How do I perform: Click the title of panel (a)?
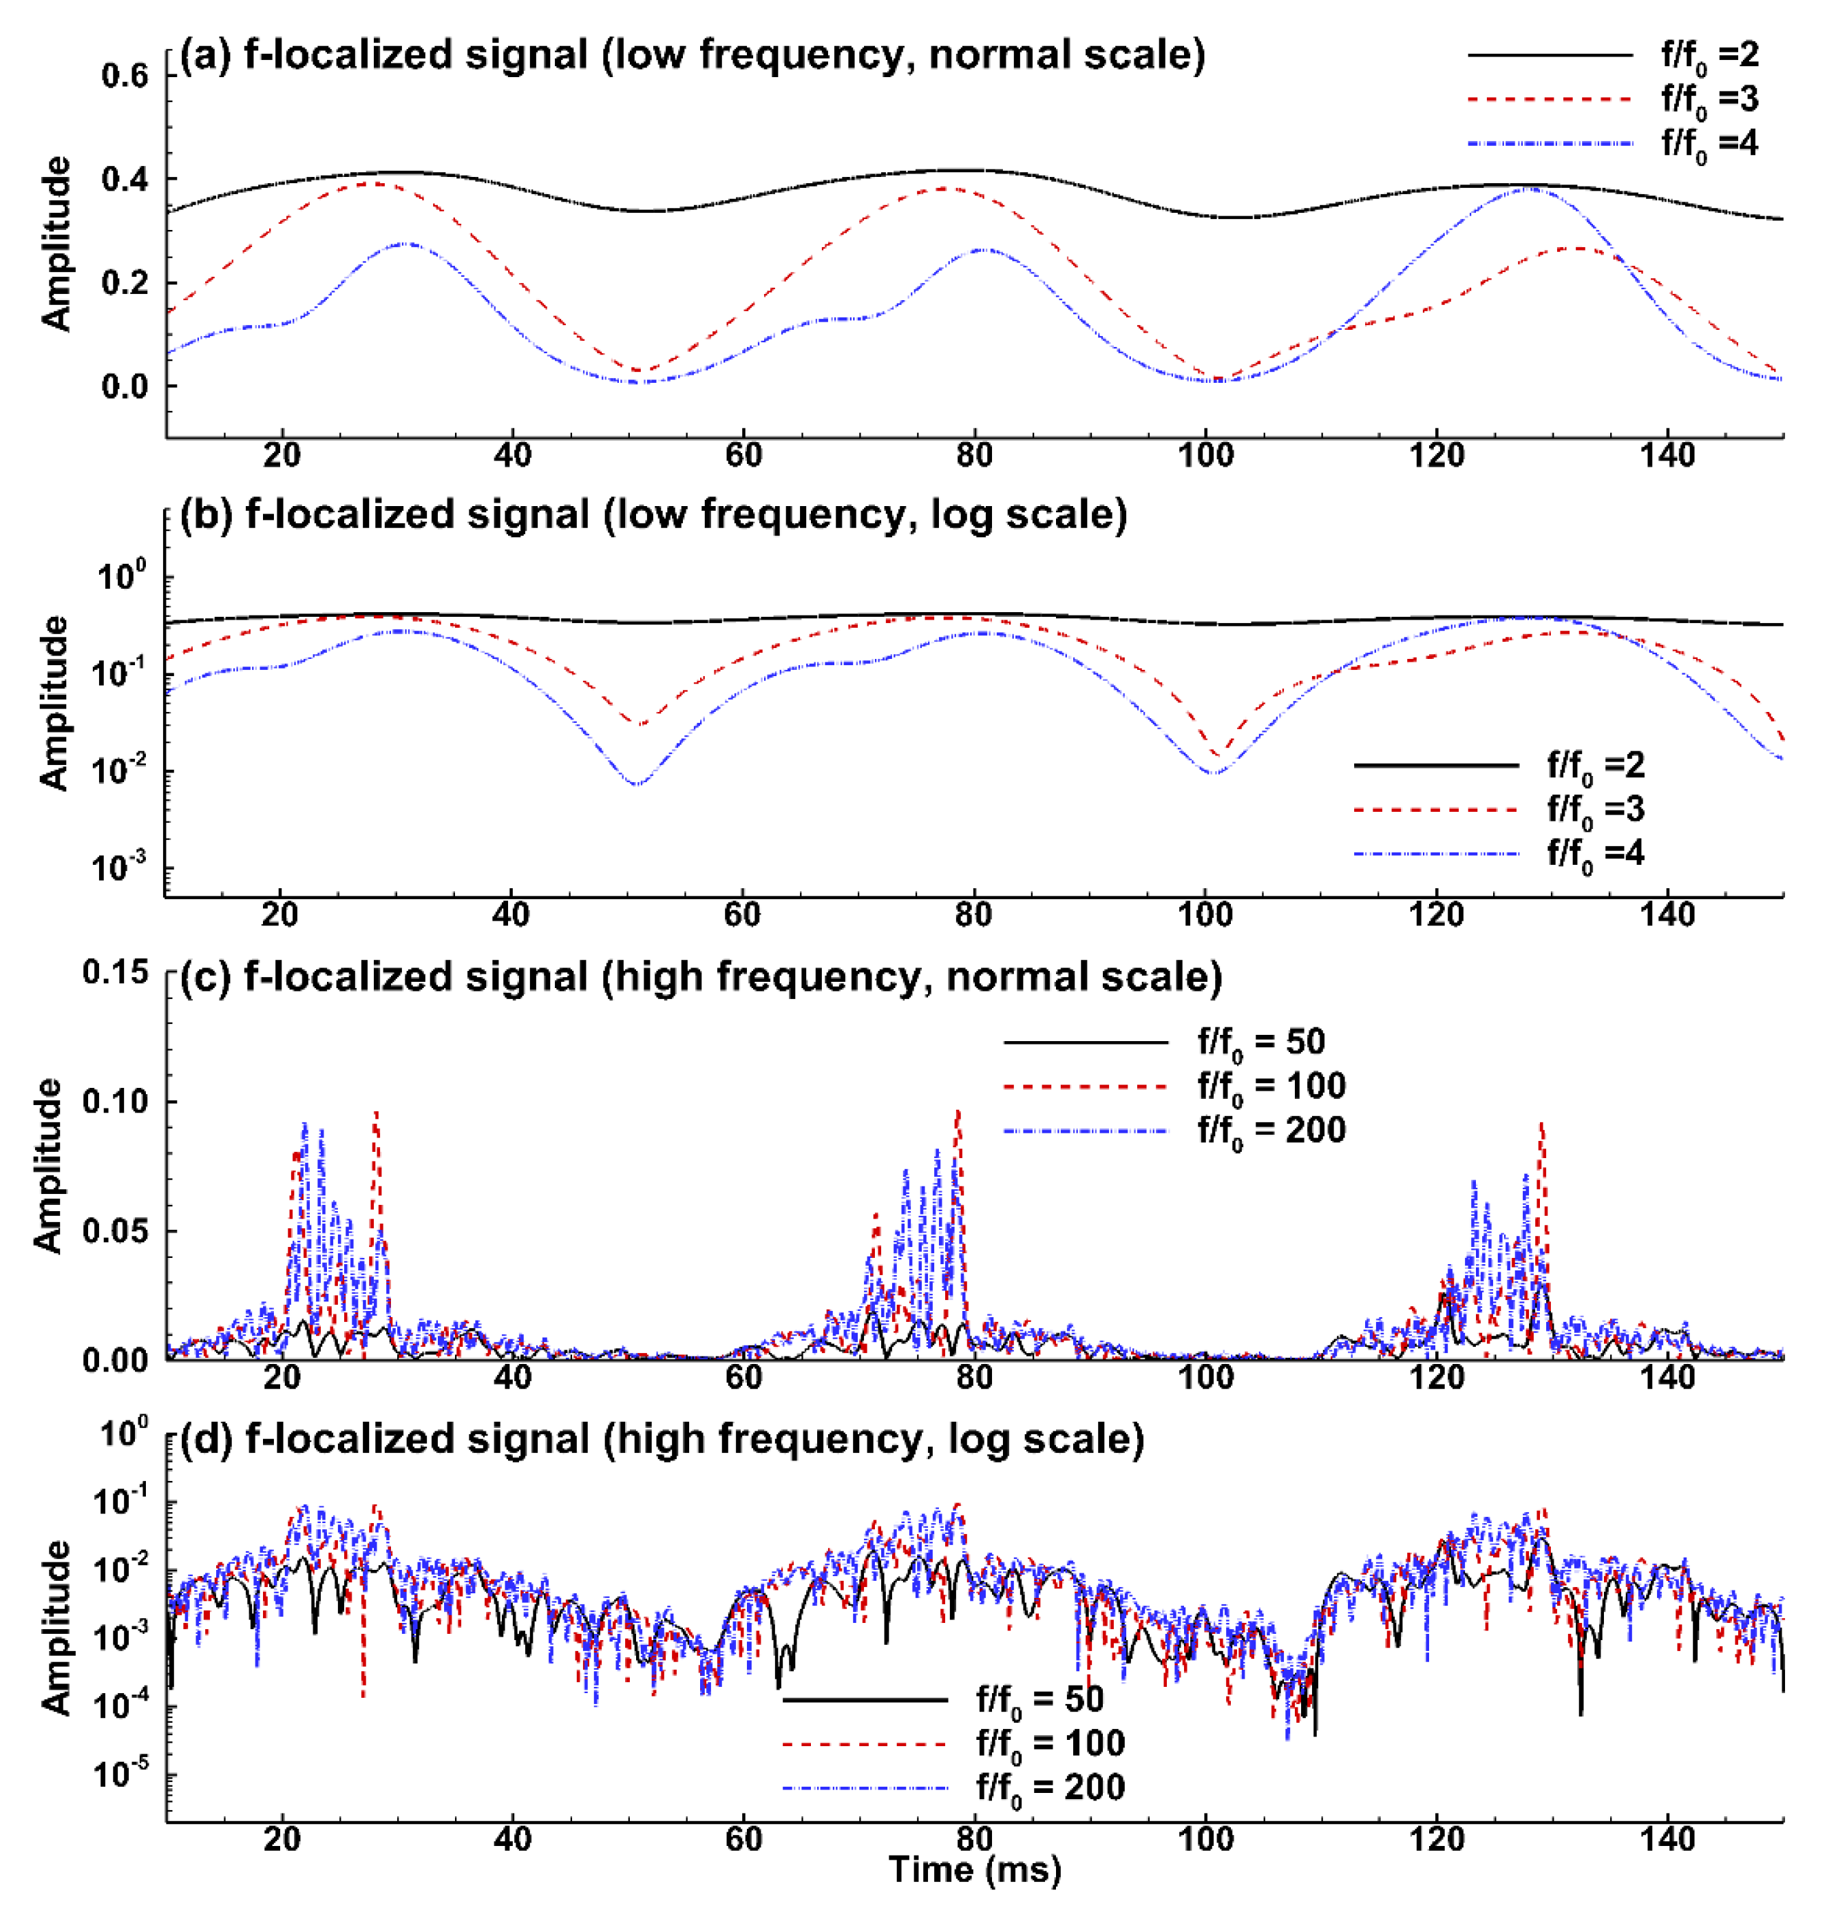pyautogui.click(x=691, y=54)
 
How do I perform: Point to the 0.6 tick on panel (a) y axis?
pyautogui.click(x=125, y=75)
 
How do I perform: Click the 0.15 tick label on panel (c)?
pyautogui.click(x=114, y=972)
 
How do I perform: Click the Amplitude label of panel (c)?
pyautogui.click(x=47, y=1165)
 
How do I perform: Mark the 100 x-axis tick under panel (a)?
pyautogui.click(x=1205, y=455)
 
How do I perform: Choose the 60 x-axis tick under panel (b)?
pyautogui.click(x=742, y=914)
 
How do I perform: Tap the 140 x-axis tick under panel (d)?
pyautogui.click(x=1667, y=1839)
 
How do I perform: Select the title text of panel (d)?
pyautogui.click(x=662, y=1440)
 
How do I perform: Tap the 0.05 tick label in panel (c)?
pyautogui.click(x=114, y=1231)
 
